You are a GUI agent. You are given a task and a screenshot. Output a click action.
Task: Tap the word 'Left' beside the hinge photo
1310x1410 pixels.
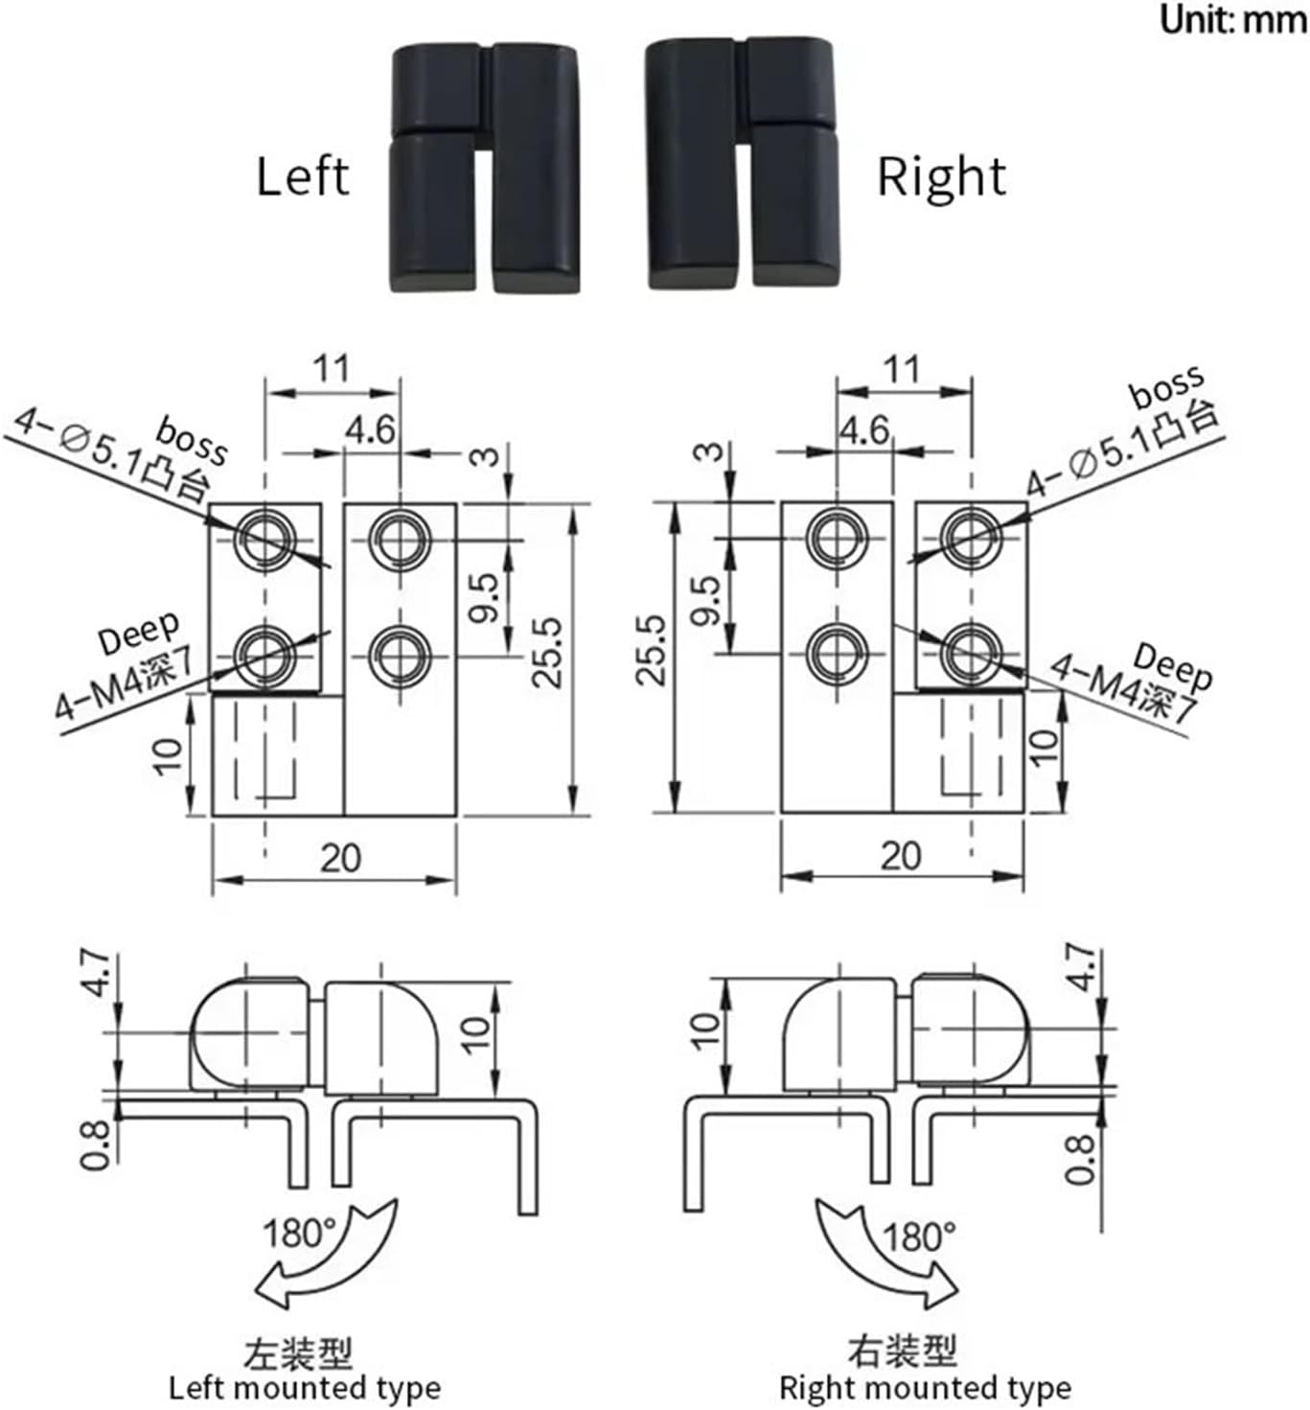302,177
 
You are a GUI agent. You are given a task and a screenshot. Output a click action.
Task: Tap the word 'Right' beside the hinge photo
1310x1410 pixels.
941,177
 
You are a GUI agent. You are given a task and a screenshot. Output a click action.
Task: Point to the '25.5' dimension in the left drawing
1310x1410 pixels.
548,652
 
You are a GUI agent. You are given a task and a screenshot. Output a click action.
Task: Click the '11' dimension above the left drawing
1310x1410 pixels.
332,369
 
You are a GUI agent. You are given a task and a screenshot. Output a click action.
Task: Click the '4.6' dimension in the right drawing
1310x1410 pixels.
864,430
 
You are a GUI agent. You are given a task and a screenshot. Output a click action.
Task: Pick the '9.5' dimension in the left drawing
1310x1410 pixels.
486,597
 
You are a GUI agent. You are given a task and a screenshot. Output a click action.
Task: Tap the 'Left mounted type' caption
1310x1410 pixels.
305,1388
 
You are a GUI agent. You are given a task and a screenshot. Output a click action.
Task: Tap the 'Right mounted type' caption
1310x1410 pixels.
925,1388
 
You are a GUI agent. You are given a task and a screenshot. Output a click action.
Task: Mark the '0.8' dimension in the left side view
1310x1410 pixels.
94,1144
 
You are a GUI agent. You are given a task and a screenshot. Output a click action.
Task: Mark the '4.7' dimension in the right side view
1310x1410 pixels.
1081,968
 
